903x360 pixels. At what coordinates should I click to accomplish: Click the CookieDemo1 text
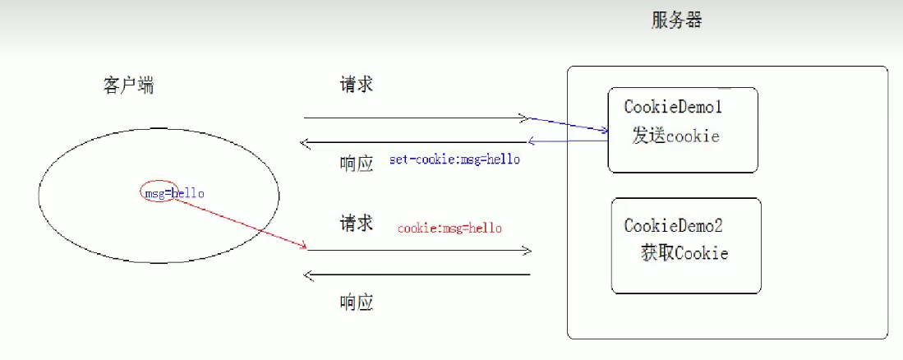tap(672, 107)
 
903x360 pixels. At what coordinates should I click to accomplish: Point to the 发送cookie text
tap(675, 136)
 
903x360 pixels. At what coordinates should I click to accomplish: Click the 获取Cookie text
tap(684, 253)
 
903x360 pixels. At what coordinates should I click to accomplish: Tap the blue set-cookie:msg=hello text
tap(454, 159)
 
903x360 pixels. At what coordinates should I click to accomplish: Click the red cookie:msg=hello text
tap(449, 228)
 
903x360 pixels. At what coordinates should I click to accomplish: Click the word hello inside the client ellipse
tap(188, 194)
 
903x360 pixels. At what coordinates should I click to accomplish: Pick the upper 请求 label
tap(356, 85)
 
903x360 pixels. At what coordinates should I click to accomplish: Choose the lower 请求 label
tap(356, 223)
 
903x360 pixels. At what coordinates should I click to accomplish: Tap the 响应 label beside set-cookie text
tap(356, 163)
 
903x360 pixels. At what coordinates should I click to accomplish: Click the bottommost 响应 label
tap(356, 302)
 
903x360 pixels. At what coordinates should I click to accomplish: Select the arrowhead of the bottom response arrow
tap(306, 275)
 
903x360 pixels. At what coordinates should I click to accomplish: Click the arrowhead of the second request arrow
tap(527, 251)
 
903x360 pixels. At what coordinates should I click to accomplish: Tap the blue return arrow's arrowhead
tap(532, 141)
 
